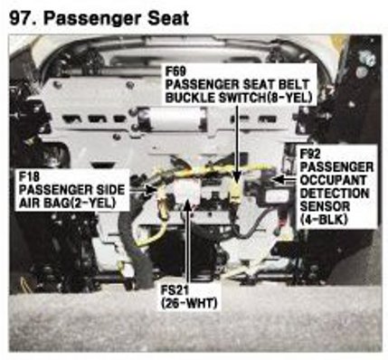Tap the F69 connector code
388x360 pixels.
tap(176, 71)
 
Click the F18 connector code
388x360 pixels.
tap(29, 177)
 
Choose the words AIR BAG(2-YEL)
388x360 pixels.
tap(67, 203)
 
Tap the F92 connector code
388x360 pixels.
tap(311, 154)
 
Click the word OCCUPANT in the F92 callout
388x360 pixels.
tap(333, 180)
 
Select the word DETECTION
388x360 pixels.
tap(335, 194)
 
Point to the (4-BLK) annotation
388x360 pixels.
tap(325, 220)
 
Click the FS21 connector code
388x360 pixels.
tap(175, 290)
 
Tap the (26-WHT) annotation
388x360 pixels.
tap(189, 303)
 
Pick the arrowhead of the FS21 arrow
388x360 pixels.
tap(188, 206)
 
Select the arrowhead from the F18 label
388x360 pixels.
tap(151, 190)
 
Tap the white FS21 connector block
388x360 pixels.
tap(187, 192)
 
